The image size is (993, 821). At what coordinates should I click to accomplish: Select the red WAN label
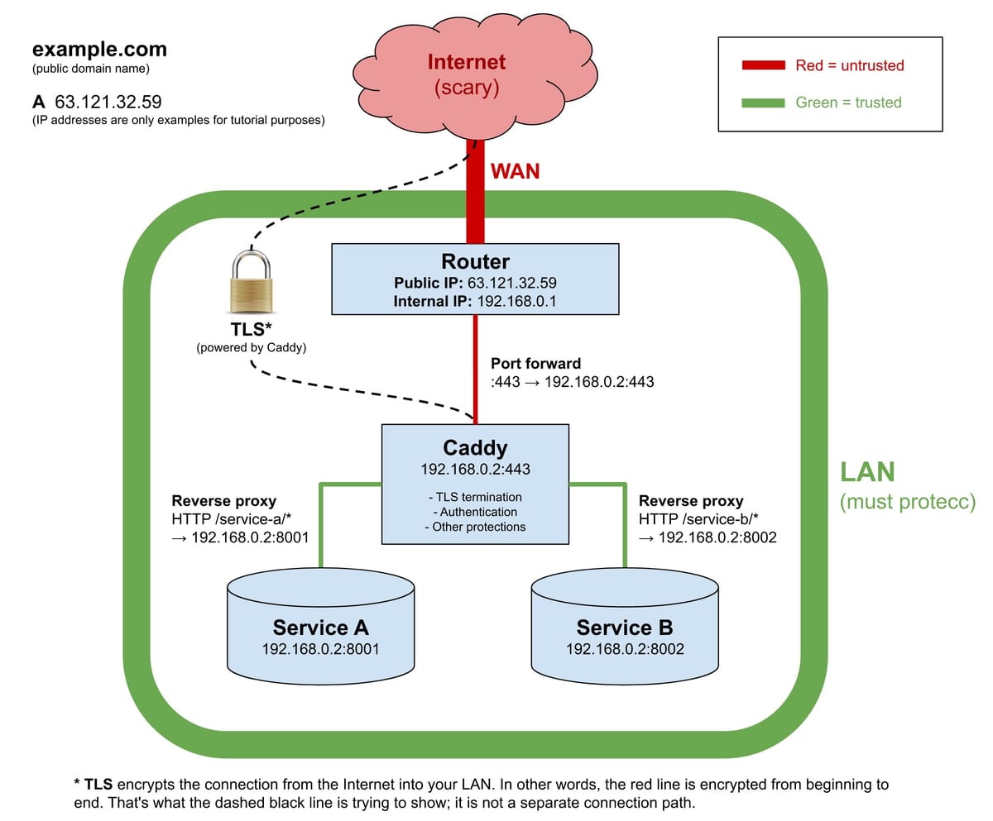point(515,171)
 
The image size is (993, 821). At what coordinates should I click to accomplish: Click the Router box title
point(475,261)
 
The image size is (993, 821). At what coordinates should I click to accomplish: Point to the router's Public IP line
point(475,282)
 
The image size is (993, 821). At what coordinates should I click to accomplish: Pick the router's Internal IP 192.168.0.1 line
point(475,301)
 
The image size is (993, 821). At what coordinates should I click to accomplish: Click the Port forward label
point(535,363)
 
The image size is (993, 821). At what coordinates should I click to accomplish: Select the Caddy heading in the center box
point(475,447)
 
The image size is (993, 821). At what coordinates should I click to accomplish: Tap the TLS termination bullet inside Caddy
point(475,497)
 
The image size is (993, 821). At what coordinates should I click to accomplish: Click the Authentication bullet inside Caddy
point(475,512)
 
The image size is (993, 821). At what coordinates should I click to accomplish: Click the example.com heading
point(99,50)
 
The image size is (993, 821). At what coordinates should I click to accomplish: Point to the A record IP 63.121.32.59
point(108,102)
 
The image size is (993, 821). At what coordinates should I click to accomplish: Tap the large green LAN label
point(867,472)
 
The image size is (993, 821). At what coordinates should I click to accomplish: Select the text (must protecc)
point(908,502)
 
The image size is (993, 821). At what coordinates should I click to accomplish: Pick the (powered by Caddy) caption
point(252,347)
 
